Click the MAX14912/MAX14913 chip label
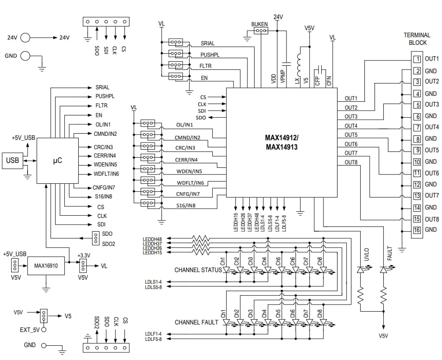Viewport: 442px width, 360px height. [282, 142]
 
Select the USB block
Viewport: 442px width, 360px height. [12, 160]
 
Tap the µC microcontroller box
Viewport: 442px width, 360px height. [57, 160]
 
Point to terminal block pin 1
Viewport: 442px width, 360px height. [417, 59]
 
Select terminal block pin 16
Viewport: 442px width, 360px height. [417, 230]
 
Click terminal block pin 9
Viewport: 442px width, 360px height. [417, 150]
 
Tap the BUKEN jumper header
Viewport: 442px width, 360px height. [260, 31]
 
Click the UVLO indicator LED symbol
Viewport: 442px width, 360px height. [361, 269]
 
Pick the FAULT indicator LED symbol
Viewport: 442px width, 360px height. [384, 269]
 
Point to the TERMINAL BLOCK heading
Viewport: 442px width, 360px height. [417, 39]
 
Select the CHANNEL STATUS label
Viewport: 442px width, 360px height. [198, 270]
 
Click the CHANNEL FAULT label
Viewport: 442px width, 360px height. [196, 322]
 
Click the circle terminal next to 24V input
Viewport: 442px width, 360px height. [25, 38]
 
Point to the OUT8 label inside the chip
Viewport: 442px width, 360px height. [351, 162]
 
